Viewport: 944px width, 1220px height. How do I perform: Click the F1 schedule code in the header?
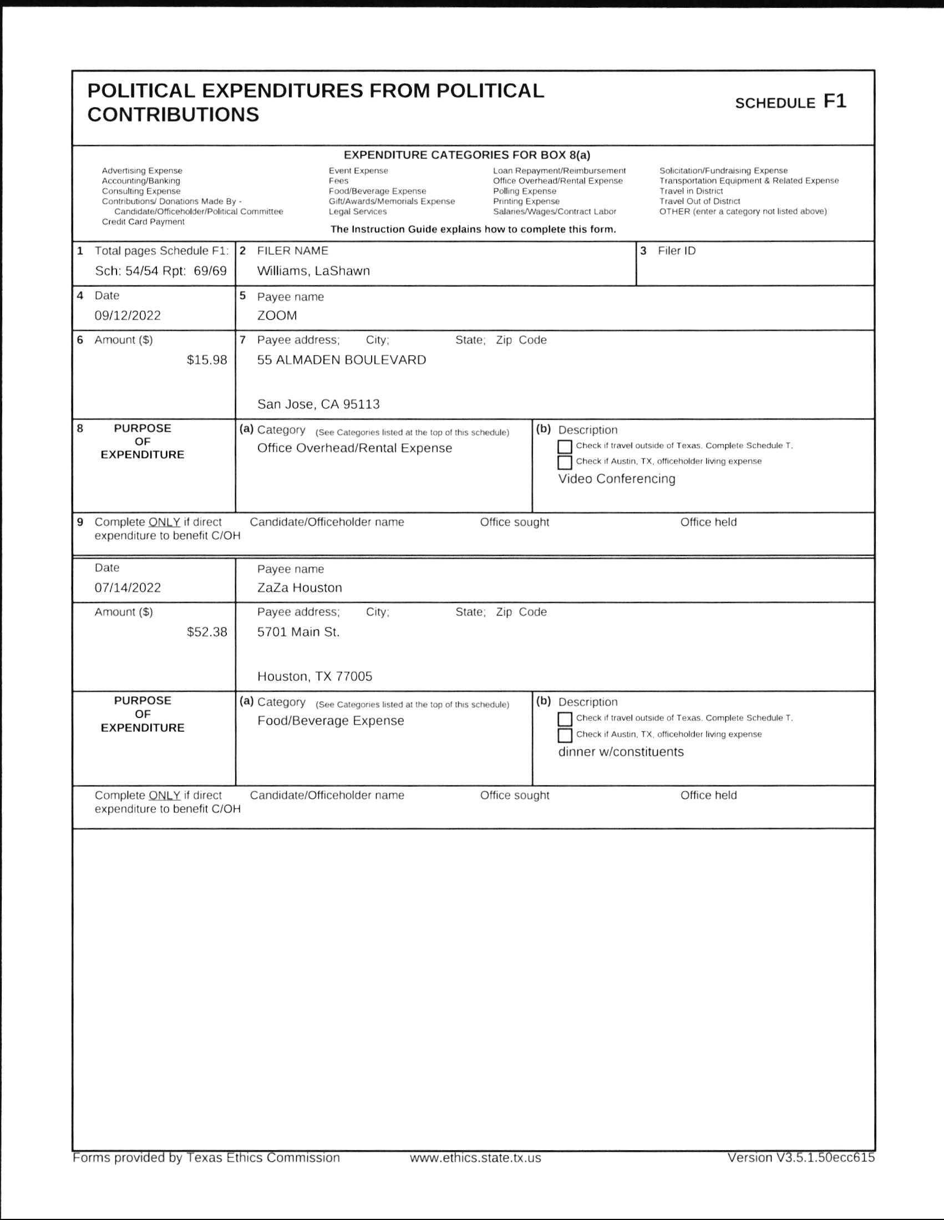pyautogui.click(x=835, y=101)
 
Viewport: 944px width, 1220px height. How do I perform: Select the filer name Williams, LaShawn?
pyautogui.click(x=313, y=271)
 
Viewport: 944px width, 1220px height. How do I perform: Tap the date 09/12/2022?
pyautogui.click(x=128, y=316)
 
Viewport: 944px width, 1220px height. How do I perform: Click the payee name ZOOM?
pyautogui.click(x=277, y=316)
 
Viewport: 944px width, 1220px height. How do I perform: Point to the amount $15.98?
pyautogui.click(x=207, y=360)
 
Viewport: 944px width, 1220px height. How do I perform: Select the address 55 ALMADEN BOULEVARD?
pyautogui.click(x=341, y=360)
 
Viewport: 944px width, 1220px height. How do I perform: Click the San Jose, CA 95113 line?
pyautogui.click(x=318, y=404)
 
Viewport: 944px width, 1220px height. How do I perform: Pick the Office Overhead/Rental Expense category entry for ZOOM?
pyautogui.click(x=354, y=448)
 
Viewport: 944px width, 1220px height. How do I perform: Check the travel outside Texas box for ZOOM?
pyautogui.click(x=565, y=446)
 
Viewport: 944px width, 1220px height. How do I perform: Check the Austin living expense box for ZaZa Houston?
pyautogui.click(x=565, y=735)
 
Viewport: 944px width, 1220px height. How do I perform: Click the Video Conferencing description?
pyautogui.click(x=617, y=479)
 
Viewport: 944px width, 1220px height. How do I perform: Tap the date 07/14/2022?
pyautogui.click(x=128, y=588)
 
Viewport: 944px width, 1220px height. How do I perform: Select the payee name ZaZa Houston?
pyautogui.click(x=300, y=588)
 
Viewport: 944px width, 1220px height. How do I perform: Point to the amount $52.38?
pyautogui.click(x=207, y=632)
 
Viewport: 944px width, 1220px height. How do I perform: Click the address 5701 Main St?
pyautogui.click(x=298, y=632)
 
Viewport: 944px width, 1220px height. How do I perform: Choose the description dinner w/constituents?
pyautogui.click(x=621, y=752)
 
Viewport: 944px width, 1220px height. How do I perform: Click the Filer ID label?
pyautogui.click(x=677, y=251)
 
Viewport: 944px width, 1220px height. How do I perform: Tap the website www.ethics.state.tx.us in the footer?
pyautogui.click(x=475, y=1158)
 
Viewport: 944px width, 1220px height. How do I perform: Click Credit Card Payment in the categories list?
pyautogui.click(x=143, y=222)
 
